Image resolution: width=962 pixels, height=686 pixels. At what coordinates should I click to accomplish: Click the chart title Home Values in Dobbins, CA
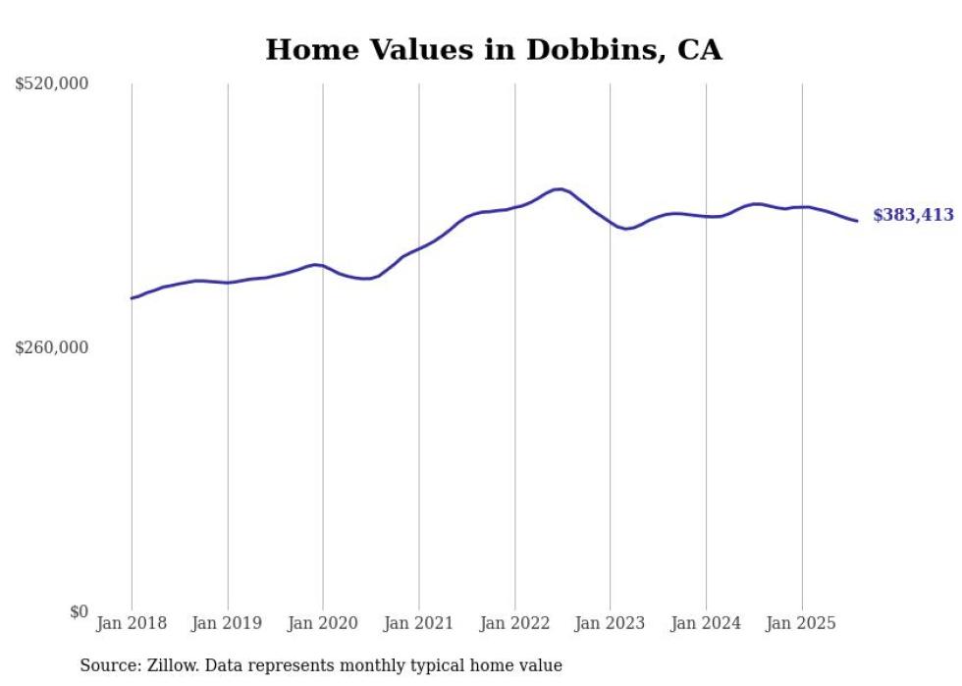tap(494, 50)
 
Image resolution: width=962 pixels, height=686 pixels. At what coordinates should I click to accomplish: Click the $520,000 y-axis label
tap(52, 84)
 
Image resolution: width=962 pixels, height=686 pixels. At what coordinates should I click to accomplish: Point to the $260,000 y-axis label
tap(52, 347)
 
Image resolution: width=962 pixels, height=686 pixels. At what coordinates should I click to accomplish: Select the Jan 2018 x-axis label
tap(132, 623)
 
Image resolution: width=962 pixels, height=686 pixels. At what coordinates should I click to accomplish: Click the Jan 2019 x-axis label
tap(228, 623)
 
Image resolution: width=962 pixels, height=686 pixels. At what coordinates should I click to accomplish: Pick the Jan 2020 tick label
tap(323, 623)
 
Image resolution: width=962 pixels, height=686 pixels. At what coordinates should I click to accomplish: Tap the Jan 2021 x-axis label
tap(419, 623)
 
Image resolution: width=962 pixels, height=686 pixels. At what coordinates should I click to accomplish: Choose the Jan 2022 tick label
tap(514, 623)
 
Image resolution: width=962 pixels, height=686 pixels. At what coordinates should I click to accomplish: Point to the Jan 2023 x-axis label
tap(611, 623)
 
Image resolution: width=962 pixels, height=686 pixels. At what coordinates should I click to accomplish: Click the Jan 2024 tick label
tap(706, 623)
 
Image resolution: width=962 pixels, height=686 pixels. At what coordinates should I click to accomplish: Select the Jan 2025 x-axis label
tap(802, 623)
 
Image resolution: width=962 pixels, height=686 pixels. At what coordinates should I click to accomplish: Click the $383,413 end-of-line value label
tap(913, 216)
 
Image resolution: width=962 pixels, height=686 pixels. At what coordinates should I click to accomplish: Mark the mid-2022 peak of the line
tap(559, 188)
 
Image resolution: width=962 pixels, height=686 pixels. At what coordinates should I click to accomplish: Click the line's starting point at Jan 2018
tap(132, 297)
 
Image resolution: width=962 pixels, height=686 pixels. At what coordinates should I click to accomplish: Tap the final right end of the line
tap(857, 221)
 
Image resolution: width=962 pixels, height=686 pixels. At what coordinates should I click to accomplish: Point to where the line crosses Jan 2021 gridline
tap(419, 248)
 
